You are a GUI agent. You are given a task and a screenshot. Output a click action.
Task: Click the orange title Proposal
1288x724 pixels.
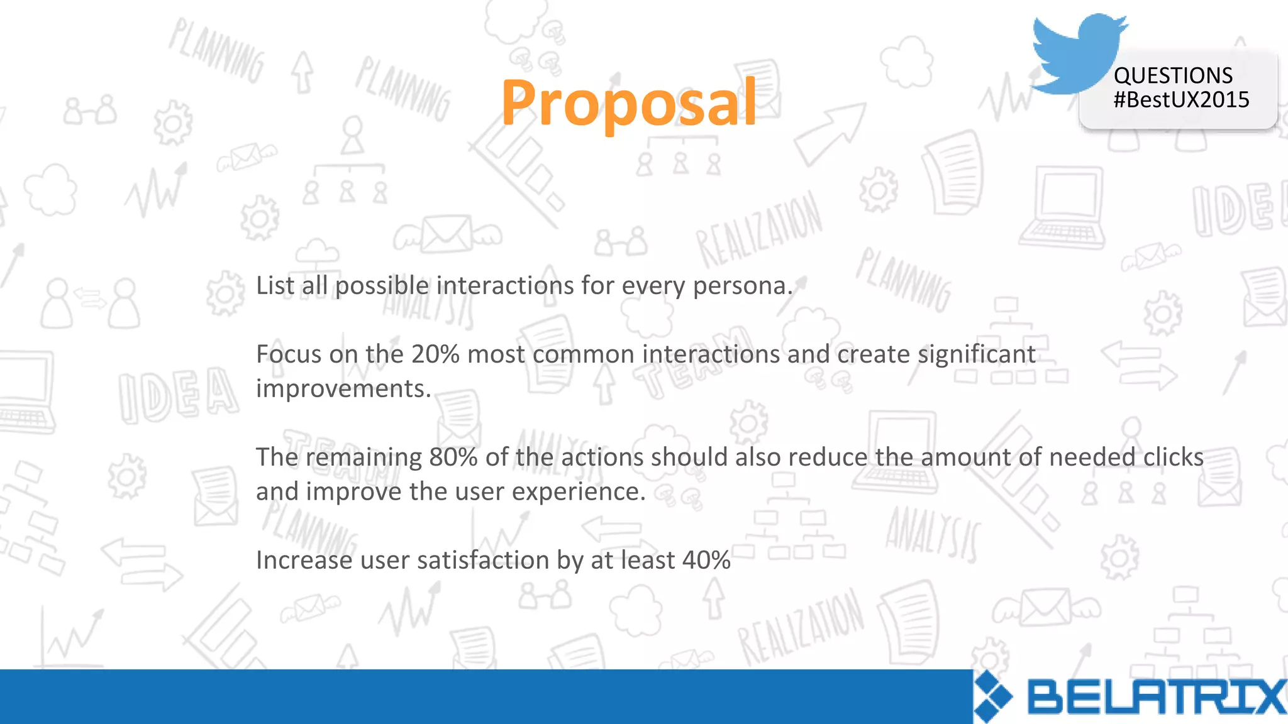coord(628,103)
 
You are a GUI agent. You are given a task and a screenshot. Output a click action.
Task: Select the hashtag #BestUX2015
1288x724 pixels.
coord(1181,100)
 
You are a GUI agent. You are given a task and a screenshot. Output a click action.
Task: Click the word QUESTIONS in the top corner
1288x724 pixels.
coord(1173,76)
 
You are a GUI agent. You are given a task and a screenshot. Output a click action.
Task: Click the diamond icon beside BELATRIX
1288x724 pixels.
coord(992,696)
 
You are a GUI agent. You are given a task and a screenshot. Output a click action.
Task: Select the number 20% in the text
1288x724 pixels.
coord(435,354)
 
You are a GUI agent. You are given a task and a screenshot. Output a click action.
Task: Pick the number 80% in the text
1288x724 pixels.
coord(453,458)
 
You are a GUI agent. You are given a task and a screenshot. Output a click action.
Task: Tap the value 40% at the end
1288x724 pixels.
coord(706,560)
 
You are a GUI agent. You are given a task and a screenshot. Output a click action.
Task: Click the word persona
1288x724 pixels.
coord(742,287)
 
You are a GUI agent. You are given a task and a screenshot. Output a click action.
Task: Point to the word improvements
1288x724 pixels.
coord(343,389)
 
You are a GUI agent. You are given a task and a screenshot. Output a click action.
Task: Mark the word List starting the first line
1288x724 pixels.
coord(275,286)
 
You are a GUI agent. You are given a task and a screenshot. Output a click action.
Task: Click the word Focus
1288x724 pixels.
coord(289,354)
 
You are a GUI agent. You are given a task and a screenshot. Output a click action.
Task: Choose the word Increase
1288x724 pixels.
coord(304,560)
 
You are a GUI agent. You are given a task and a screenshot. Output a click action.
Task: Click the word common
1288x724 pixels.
coord(582,355)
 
